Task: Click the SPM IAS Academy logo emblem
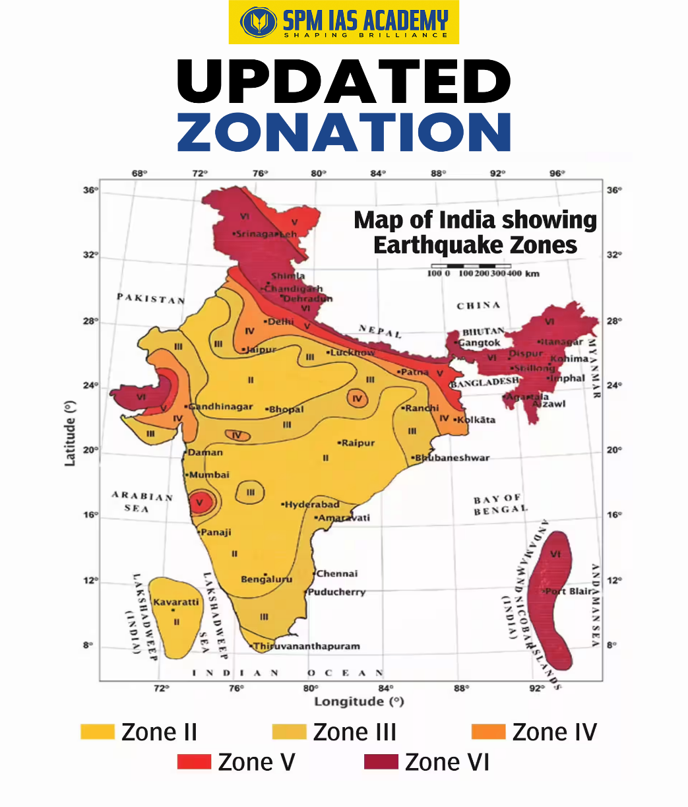click(x=259, y=22)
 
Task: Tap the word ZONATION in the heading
click(x=344, y=132)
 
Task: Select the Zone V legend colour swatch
click(x=194, y=762)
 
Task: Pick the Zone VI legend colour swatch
click(x=381, y=762)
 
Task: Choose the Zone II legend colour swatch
click(x=98, y=732)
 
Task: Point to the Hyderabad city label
click(x=312, y=504)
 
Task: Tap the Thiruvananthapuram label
click(x=307, y=646)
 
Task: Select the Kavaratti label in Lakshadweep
click(x=176, y=602)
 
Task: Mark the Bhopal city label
click(x=286, y=409)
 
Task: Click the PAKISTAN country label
click(x=151, y=298)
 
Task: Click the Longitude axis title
click(x=358, y=701)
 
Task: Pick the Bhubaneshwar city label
click(x=453, y=457)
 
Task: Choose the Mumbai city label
click(x=210, y=474)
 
